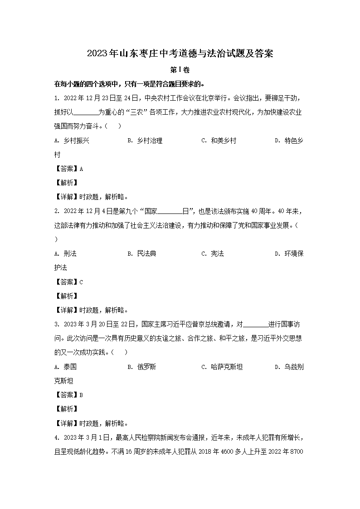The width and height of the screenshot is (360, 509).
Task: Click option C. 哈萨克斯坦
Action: (x=222, y=367)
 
